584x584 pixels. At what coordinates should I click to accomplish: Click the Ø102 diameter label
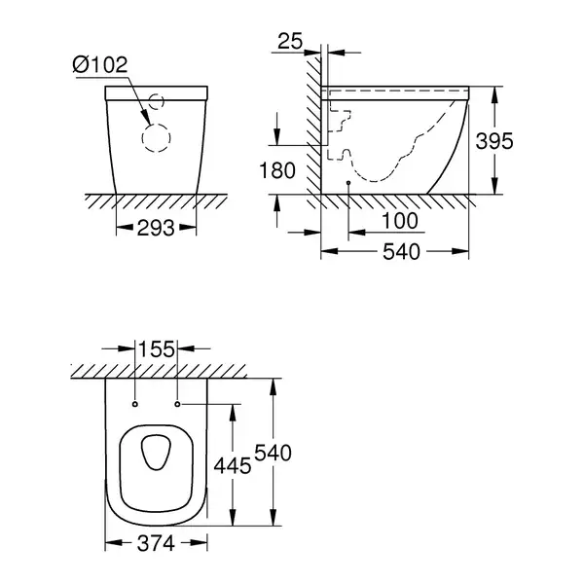pos(100,65)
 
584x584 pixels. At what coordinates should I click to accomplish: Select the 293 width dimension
pos(156,228)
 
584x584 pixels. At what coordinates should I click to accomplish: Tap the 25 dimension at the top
pos(290,41)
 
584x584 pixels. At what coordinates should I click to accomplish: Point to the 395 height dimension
pos(494,141)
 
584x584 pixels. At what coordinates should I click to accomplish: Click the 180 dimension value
pos(277,170)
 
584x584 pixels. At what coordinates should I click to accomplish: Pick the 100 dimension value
pos(400,221)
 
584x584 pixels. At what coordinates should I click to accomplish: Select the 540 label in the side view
pos(401,252)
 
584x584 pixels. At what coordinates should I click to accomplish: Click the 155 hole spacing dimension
pos(157,349)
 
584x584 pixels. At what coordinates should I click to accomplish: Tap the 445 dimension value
pos(233,466)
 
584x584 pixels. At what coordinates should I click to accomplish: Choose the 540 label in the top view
pos(273,454)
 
